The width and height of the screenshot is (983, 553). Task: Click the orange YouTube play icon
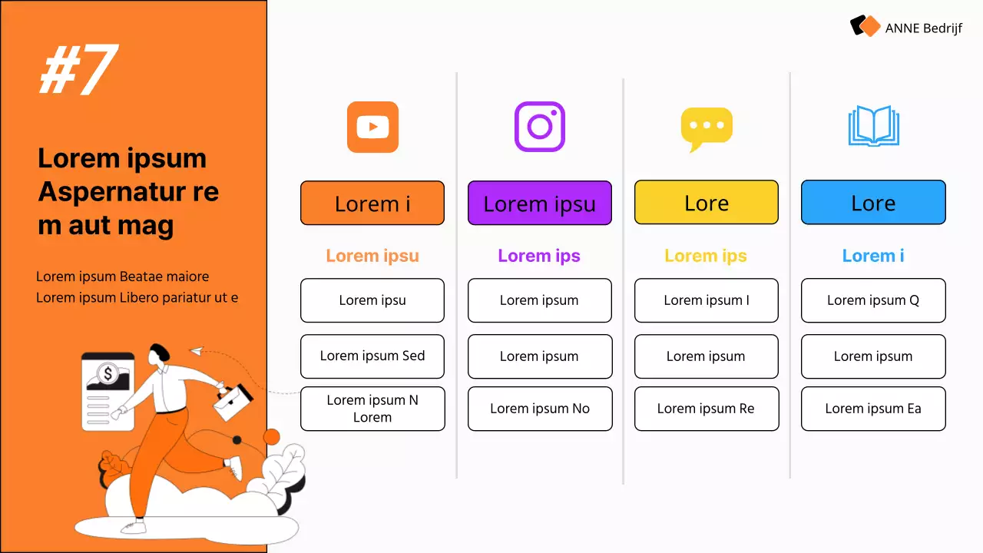pos(372,127)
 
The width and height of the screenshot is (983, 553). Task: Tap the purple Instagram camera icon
pos(539,127)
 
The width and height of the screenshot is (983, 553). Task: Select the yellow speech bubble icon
pos(707,128)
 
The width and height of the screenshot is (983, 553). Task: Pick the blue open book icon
pos(873,127)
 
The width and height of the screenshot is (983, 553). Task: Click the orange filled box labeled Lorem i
pos(372,203)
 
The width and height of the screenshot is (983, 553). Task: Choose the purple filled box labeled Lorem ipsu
pos(539,203)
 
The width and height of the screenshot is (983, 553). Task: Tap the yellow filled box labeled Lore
pos(707,203)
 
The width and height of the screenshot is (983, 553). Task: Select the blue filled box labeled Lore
pos(873,203)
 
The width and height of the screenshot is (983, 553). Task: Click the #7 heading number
pos(78,70)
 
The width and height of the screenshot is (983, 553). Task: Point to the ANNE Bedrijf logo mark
pos(865,26)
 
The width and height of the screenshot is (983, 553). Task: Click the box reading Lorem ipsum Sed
pos(372,356)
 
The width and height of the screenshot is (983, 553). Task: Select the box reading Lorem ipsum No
pos(539,409)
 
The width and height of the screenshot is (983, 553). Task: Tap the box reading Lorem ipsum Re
pos(707,409)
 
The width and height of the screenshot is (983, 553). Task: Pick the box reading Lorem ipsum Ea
pos(873,409)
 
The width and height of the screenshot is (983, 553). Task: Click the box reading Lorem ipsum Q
pos(873,300)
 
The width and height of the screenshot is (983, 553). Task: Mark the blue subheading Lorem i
pos(873,256)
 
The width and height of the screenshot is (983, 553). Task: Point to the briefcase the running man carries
pos(233,401)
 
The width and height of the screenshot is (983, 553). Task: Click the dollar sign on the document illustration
pos(108,374)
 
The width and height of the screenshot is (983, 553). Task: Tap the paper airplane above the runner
pos(197,351)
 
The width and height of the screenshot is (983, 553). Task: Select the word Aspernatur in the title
pos(111,191)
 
